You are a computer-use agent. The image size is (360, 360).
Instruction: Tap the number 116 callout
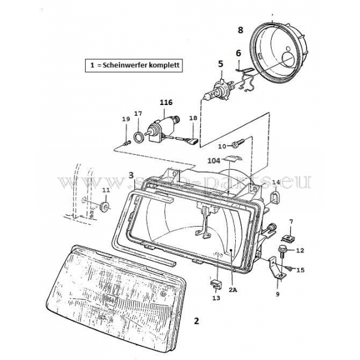[x=166, y=103]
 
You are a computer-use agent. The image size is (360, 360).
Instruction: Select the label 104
[x=214, y=161]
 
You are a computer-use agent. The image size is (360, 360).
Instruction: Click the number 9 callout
[x=277, y=295]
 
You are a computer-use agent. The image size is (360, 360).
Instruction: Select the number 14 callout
[x=276, y=182]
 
